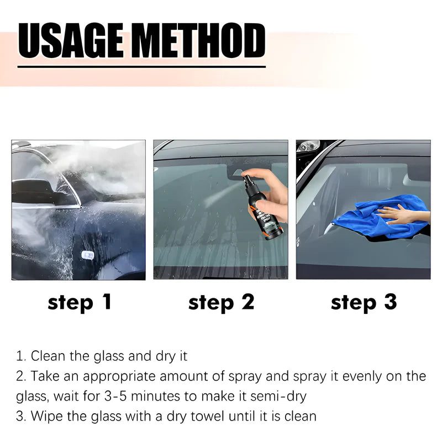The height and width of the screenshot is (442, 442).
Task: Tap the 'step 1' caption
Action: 80,302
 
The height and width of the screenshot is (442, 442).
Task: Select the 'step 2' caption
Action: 221,302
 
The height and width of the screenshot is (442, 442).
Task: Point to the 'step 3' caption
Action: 364,302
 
